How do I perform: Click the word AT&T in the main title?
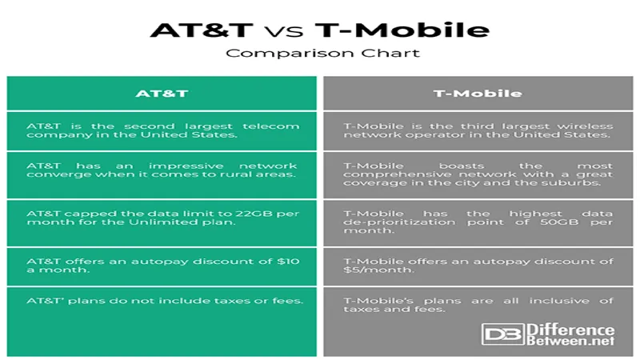202,30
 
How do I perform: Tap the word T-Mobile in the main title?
402,30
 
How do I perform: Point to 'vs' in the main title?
284,32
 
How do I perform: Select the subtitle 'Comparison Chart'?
323,53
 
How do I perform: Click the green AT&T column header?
162,94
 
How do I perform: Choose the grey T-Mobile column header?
478,94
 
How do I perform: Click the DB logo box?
503,334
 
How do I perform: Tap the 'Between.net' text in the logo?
570,340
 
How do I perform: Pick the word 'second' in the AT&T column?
149,126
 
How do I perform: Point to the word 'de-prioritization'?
399,222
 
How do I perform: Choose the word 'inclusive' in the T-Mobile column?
559,301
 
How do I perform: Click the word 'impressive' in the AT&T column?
186,166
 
